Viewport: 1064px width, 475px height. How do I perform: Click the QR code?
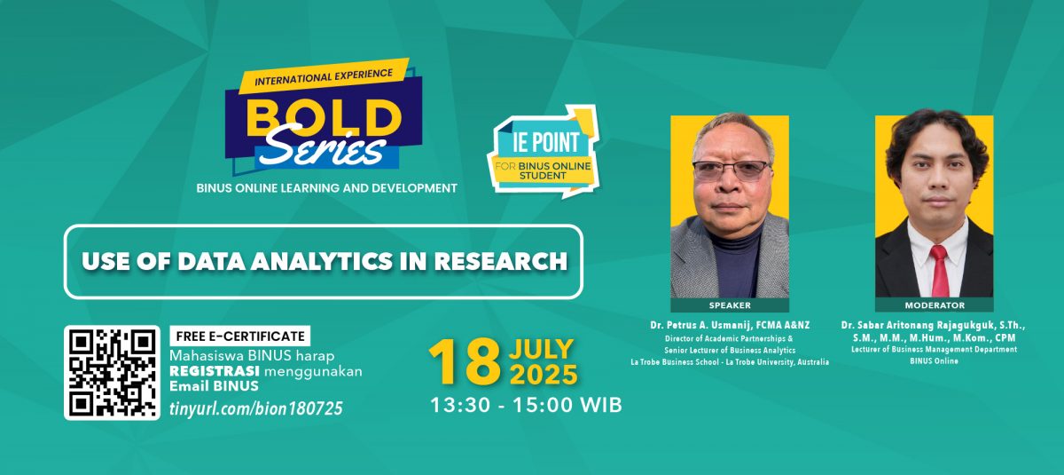[x=112, y=373]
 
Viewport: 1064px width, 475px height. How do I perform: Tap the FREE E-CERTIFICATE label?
[x=240, y=336]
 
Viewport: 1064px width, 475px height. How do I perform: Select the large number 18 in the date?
[x=465, y=362]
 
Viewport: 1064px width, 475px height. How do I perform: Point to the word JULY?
[x=542, y=350]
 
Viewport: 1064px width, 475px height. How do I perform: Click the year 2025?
[x=544, y=375]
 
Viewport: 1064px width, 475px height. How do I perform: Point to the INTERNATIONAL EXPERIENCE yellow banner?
[x=324, y=76]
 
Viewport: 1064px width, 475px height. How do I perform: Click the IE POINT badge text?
[x=546, y=142]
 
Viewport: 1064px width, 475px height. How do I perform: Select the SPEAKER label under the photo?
[x=730, y=305]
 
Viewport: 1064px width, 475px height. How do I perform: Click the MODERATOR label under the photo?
[x=935, y=305]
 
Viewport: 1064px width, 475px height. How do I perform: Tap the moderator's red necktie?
[x=939, y=270]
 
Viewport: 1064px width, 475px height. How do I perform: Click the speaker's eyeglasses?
[x=731, y=170]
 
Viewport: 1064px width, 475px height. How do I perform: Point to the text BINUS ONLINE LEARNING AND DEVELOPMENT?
[x=327, y=188]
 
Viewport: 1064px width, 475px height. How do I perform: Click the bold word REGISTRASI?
[x=215, y=371]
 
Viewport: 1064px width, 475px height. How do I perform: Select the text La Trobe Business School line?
[x=730, y=362]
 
